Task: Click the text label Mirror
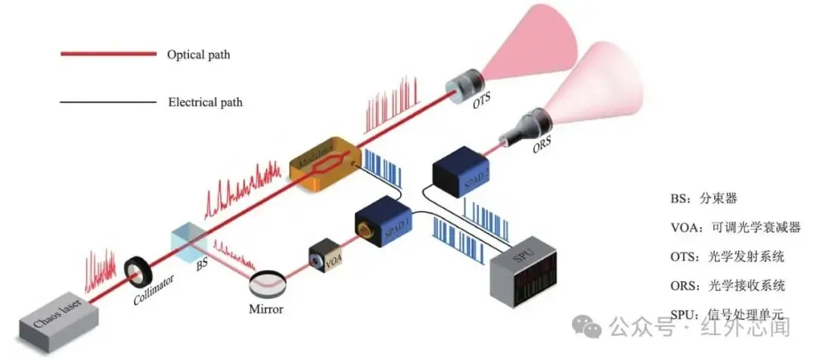(x=268, y=309)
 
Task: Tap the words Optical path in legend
(x=198, y=54)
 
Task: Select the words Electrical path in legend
(x=205, y=101)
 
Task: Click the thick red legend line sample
(x=107, y=54)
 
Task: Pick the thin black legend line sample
(x=107, y=101)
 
